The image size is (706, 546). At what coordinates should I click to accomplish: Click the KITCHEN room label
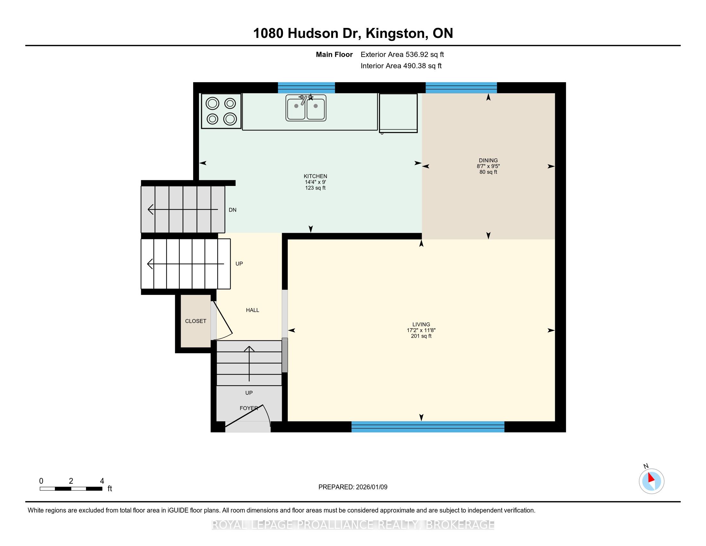pos(315,176)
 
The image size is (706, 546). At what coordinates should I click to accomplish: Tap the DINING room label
pos(488,161)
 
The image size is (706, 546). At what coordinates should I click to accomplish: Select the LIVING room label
pos(421,324)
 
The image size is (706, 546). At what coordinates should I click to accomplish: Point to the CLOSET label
pos(195,321)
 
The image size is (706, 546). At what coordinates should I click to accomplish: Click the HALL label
pos(253,310)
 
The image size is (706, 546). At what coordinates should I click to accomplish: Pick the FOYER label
pos(249,408)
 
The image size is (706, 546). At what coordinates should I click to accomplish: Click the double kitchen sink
pos(306,108)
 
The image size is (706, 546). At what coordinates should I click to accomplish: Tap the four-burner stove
pos(221,111)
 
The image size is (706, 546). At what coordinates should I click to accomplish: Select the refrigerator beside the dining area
pos(398,113)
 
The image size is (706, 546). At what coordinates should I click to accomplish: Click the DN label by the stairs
pos(232,210)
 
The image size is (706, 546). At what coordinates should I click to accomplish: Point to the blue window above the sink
pos(306,88)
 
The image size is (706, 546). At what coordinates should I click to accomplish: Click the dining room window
pos(461,88)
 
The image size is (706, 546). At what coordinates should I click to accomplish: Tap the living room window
pos(428,427)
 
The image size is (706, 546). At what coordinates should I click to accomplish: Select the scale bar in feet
pos(71,489)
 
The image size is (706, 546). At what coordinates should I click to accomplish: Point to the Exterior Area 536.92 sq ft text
pos(402,55)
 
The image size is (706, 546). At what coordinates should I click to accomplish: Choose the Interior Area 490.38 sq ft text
pos(401,66)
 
